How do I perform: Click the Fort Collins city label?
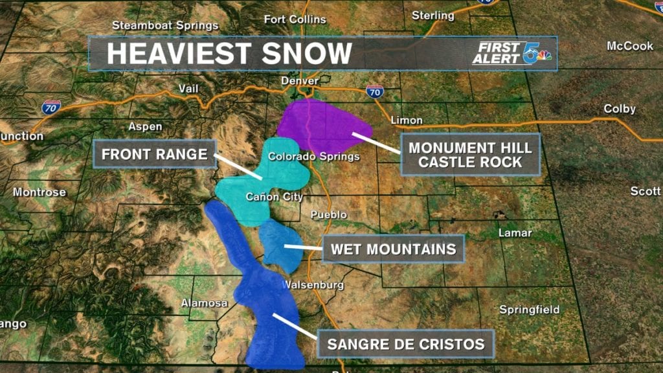295,19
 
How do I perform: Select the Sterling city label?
433,15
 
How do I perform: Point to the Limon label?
407,120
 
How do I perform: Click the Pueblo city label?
329,214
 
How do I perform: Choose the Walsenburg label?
314,285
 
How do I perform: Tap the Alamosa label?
204,302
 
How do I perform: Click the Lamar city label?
515,232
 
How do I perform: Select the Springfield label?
529,310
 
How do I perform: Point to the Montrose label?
39,192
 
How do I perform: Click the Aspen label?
145,126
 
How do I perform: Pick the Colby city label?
620,109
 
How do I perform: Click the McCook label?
630,46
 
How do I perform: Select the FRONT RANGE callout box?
155,154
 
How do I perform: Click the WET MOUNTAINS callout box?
393,249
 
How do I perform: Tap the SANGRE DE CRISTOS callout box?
405,344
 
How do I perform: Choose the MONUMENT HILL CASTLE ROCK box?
470,155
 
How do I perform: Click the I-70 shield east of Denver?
374,91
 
